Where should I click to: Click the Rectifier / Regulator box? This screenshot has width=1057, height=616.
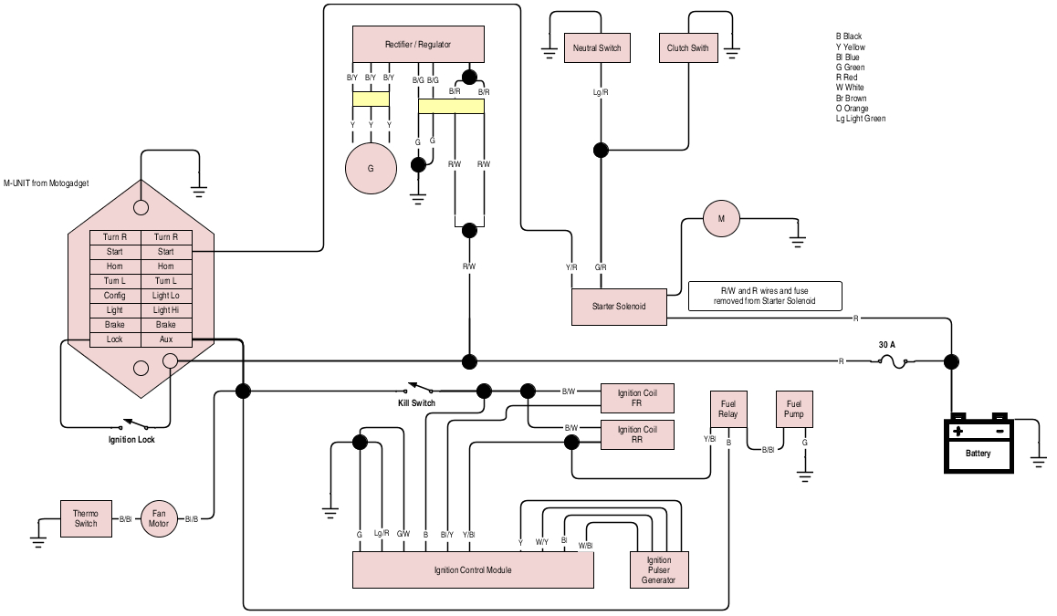417,45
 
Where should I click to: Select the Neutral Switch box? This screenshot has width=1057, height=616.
596,48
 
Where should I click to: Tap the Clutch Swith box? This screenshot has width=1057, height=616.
687,48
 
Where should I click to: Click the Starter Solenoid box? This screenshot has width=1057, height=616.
619,307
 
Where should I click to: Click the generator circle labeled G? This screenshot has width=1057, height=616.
371,169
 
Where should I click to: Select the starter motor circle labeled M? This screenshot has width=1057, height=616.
721,219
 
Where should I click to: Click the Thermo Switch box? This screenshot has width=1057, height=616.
86,518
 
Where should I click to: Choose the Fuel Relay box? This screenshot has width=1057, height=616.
728,409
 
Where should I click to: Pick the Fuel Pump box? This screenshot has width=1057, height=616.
793,409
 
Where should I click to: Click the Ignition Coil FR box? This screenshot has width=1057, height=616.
637,398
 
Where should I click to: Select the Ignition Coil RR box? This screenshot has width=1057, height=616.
637,434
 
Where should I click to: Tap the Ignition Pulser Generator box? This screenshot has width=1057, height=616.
659,570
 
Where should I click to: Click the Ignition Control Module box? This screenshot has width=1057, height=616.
473,570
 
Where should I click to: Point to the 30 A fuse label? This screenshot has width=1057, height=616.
887,345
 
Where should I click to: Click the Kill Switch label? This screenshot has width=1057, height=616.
416,403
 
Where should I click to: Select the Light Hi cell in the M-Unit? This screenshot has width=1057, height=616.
165,310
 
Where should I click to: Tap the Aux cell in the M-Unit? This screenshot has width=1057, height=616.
165,339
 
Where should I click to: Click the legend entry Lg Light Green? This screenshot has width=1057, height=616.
860,119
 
